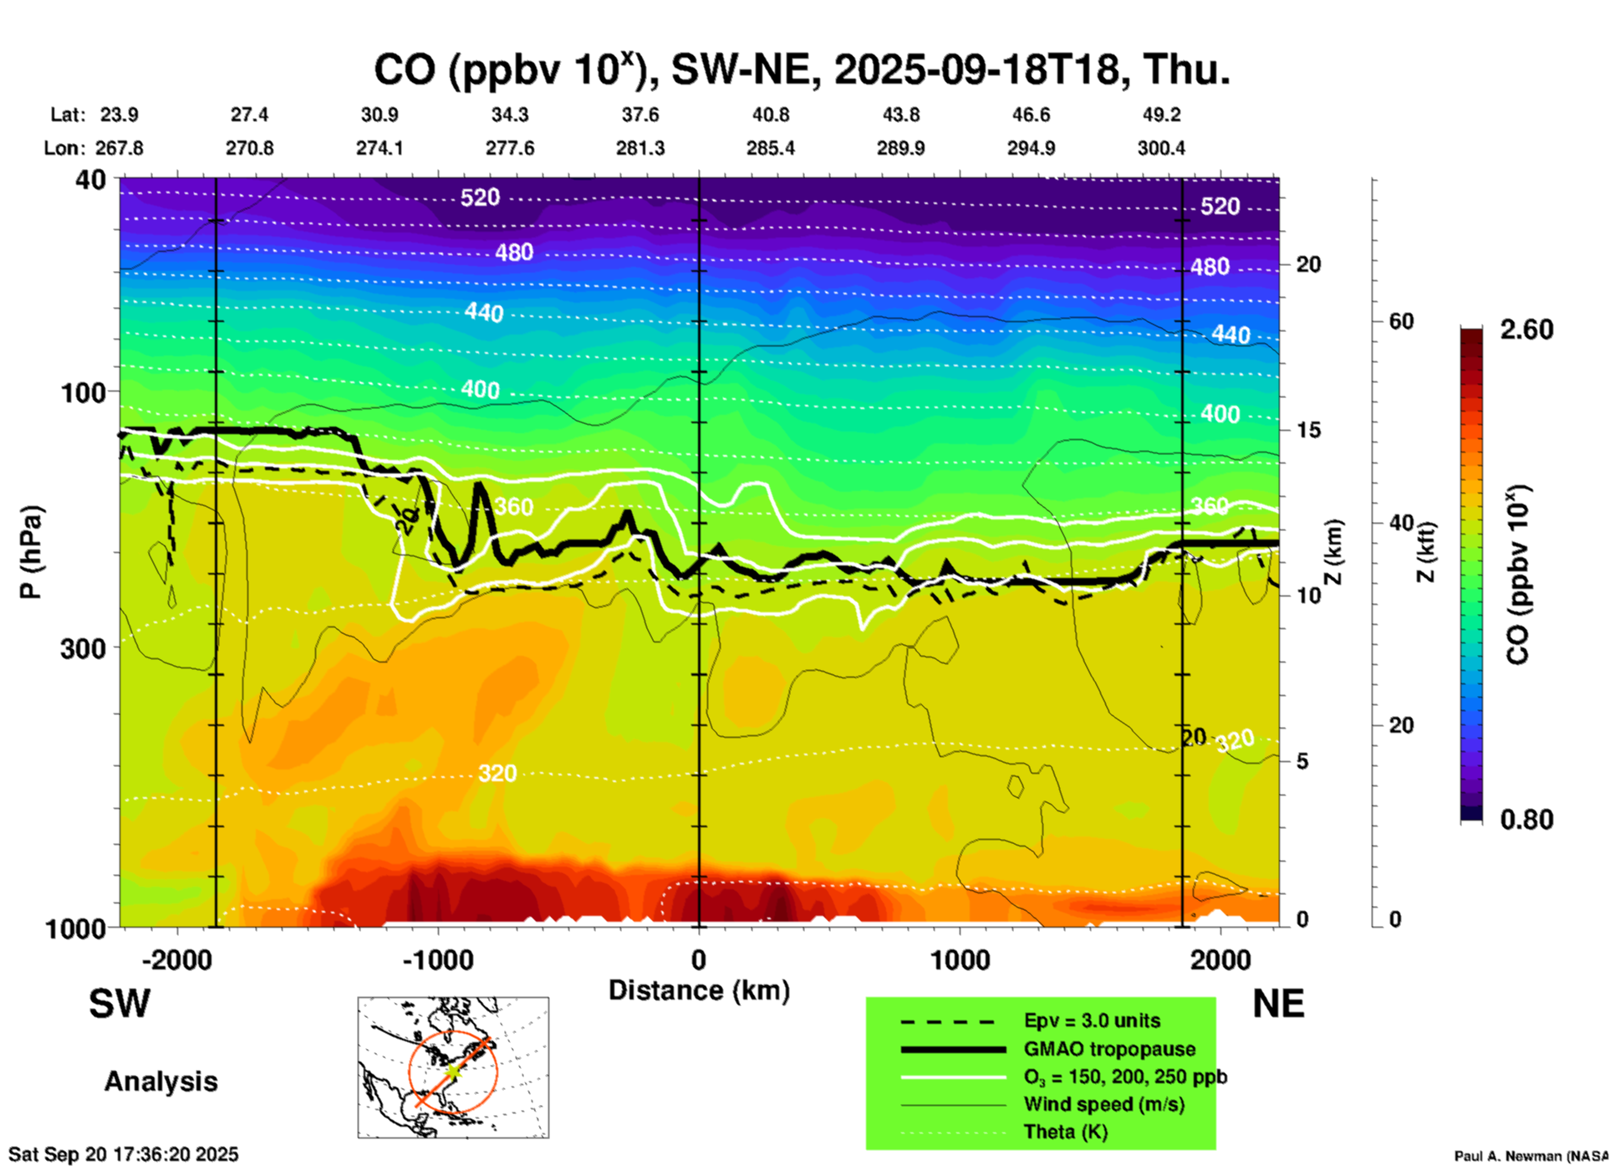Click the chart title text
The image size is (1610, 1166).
(801, 70)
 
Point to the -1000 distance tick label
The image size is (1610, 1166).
(438, 960)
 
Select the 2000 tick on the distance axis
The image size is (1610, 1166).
(1220, 960)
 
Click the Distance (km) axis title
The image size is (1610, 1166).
(699, 990)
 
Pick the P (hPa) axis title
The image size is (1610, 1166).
(31, 552)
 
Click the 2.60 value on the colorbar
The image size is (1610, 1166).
(1526, 330)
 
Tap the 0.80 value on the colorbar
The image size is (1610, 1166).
(1526, 819)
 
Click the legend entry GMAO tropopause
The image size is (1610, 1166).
(1109, 1049)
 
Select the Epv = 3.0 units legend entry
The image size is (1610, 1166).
(1092, 1020)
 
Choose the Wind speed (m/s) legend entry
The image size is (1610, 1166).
(1103, 1104)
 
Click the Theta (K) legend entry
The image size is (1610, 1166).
(1065, 1132)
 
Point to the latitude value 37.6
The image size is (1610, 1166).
(640, 115)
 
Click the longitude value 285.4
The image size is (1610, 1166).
(770, 148)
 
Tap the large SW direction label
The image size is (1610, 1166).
(120, 1004)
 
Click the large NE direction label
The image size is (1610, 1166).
(1278, 1004)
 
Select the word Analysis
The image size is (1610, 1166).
(160, 1082)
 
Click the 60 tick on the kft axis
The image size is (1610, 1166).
(1401, 321)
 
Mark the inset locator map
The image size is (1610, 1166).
(453, 1067)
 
